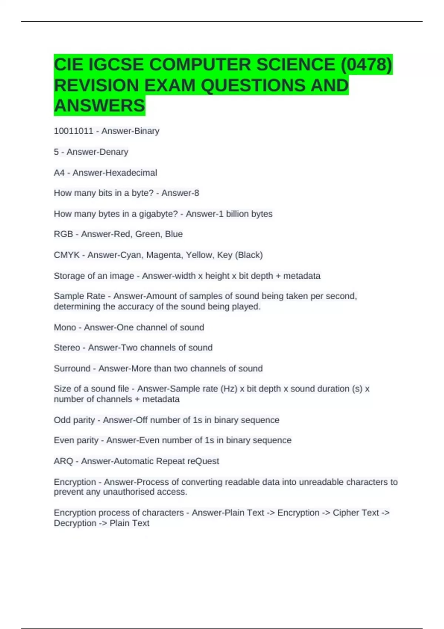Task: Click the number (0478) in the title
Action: (x=366, y=65)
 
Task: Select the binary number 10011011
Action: (x=73, y=131)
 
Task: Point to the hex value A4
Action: (x=59, y=173)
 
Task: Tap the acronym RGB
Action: (x=63, y=234)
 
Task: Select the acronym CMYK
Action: (x=67, y=255)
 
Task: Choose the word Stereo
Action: (x=67, y=348)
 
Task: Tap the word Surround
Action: (x=72, y=369)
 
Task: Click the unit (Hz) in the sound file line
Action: (x=229, y=389)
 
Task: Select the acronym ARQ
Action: (x=63, y=461)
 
